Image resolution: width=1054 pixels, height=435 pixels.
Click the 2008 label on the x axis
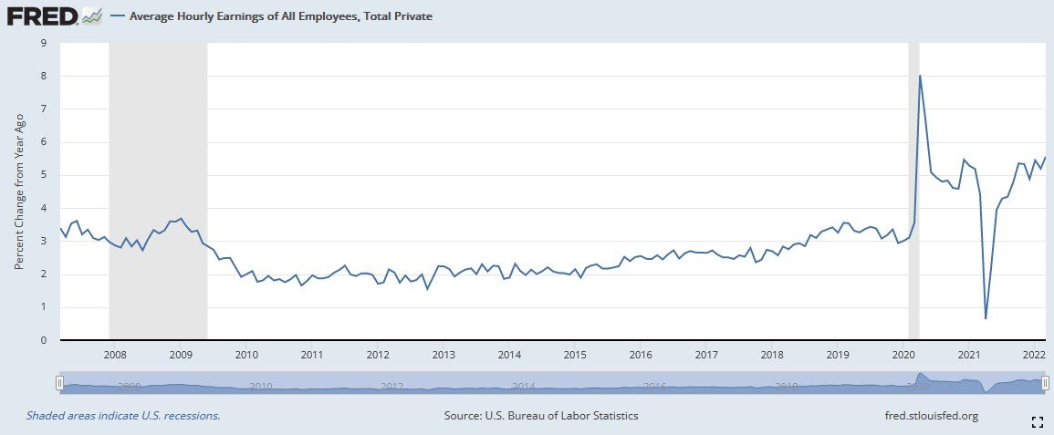tap(114, 355)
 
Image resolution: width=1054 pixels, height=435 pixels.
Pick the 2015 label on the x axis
tap(575, 355)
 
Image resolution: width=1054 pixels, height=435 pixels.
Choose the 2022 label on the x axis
tap(1035, 355)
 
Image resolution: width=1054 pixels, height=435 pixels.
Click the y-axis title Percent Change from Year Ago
tap(19, 192)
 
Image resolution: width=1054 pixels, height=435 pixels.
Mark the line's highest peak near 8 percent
tap(920, 75)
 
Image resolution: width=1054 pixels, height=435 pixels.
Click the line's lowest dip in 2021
tap(986, 318)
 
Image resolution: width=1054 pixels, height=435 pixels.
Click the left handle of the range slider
tap(59, 384)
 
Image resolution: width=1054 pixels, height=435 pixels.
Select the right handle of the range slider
tap(1045, 384)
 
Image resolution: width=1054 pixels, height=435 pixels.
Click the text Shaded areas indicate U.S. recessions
tap(122, 416)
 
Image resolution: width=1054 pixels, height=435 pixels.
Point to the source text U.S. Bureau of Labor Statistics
tap(541, 416)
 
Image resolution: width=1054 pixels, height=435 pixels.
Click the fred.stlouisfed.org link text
tap(925, 416)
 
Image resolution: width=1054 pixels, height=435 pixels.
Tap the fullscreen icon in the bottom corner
tap(1036, 421)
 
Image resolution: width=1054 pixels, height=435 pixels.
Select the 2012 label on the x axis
tap(378, 355)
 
